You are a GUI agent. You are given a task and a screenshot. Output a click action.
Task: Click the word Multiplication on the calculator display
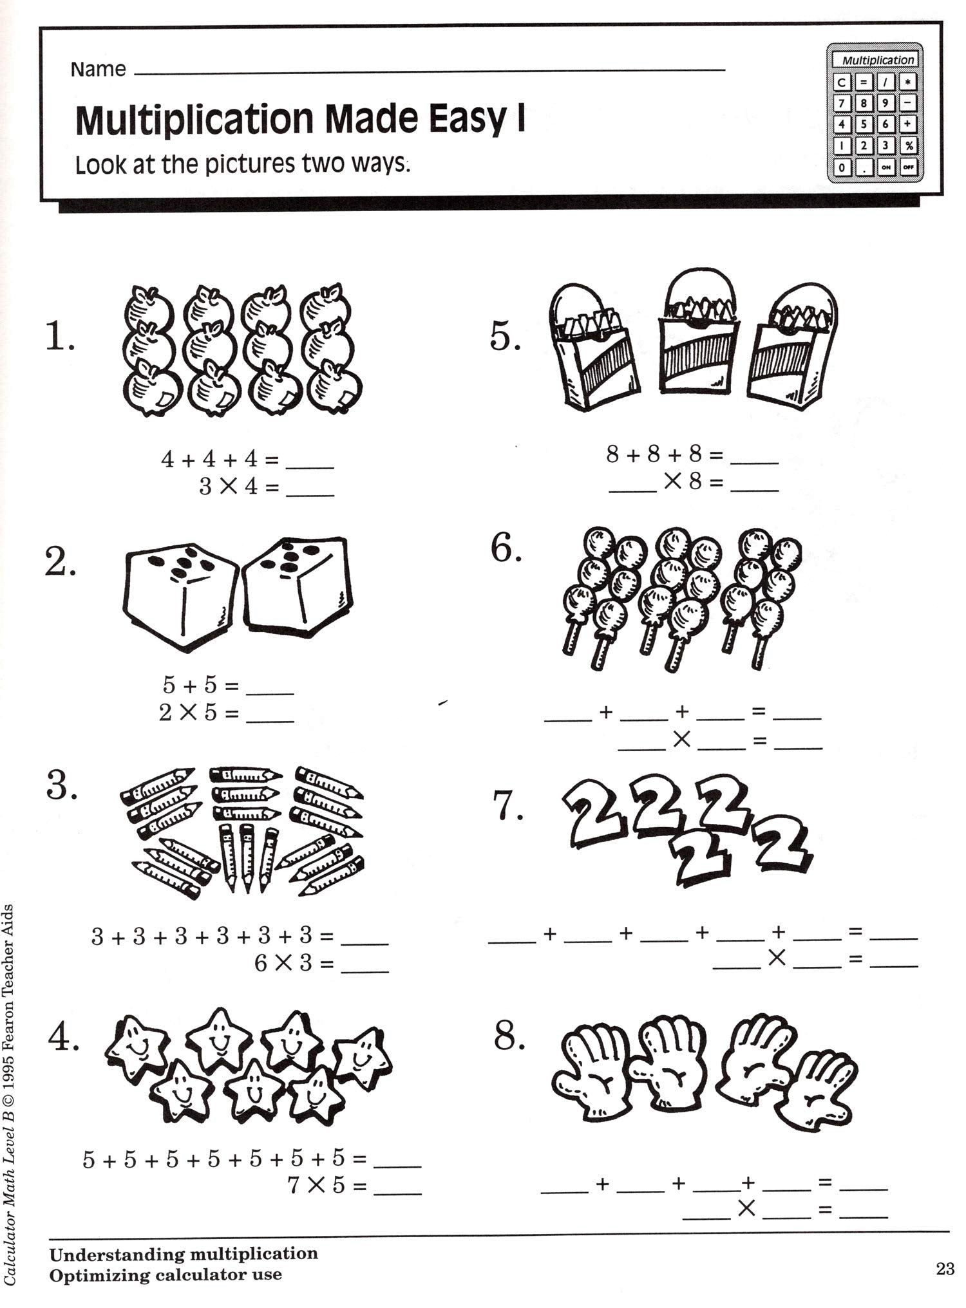point(878,60)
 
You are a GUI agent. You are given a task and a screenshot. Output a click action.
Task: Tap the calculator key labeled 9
point(885,103)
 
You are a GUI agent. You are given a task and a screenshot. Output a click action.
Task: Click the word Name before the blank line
point(98,69)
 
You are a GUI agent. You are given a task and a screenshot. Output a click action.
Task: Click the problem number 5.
point(505,337)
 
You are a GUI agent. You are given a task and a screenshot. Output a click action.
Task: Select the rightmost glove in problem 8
point(819,1088)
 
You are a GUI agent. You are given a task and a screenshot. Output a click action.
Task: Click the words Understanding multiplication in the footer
point(184,1253)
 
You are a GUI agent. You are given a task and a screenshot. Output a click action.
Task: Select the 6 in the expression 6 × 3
point(260,964)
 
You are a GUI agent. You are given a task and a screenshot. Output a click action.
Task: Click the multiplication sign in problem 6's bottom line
point(681,740)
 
